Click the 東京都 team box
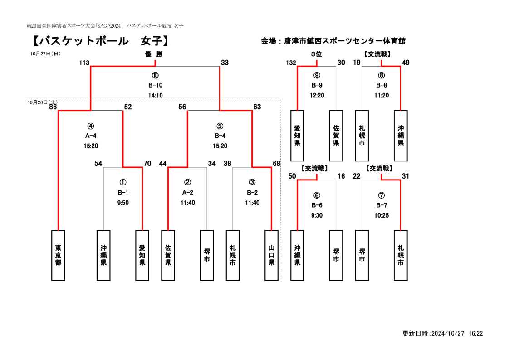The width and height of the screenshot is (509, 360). coord(58,255)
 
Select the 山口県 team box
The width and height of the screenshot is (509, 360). coord(271,255)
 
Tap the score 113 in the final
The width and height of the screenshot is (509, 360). coord(84,63)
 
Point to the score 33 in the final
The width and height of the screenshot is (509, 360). coord(225,63)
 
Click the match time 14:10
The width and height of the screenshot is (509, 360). coord(155,95)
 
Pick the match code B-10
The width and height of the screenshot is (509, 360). coord(155,85)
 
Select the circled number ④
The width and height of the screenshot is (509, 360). coord(91,126)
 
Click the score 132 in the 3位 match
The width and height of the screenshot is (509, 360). coord(291,63)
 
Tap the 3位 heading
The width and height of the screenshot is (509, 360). coord(316,54)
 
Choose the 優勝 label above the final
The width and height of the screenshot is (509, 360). coord(153,54)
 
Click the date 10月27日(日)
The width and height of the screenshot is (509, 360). coord(45,54)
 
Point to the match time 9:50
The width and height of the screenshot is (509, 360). coord(123,203)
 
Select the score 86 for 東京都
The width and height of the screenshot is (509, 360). coord(53,107)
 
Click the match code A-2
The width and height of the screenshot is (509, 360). coord(188,193)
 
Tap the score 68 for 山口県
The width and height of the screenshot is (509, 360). coord(276,164)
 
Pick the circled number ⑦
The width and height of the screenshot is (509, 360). coord(381,195)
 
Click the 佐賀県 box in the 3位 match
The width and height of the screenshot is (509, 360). coord(336,136)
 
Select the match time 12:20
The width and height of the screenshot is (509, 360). coord(317,95)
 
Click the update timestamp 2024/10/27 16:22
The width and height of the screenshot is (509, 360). coord(457,333)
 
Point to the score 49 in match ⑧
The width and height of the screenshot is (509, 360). coord(406,63)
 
